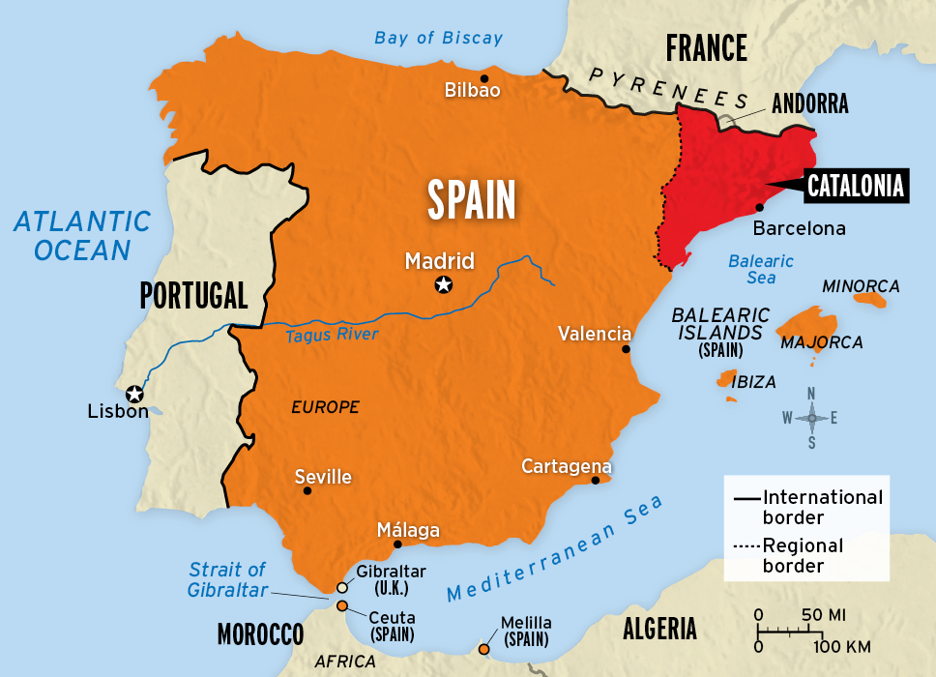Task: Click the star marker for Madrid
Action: (443, 284)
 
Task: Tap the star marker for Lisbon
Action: (134, 394)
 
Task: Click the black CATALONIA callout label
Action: (856, 185)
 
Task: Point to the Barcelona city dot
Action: (760, 207)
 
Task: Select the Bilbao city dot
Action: (484, 78)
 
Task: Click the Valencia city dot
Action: (627, 349)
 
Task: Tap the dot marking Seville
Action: (307, 490)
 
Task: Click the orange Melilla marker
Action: (484, 649)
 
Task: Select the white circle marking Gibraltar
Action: (341, 587)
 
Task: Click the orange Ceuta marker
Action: (342, 606)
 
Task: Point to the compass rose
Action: (812, 418)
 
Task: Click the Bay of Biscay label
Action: (439, 38)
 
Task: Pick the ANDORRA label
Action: (810, 104)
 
